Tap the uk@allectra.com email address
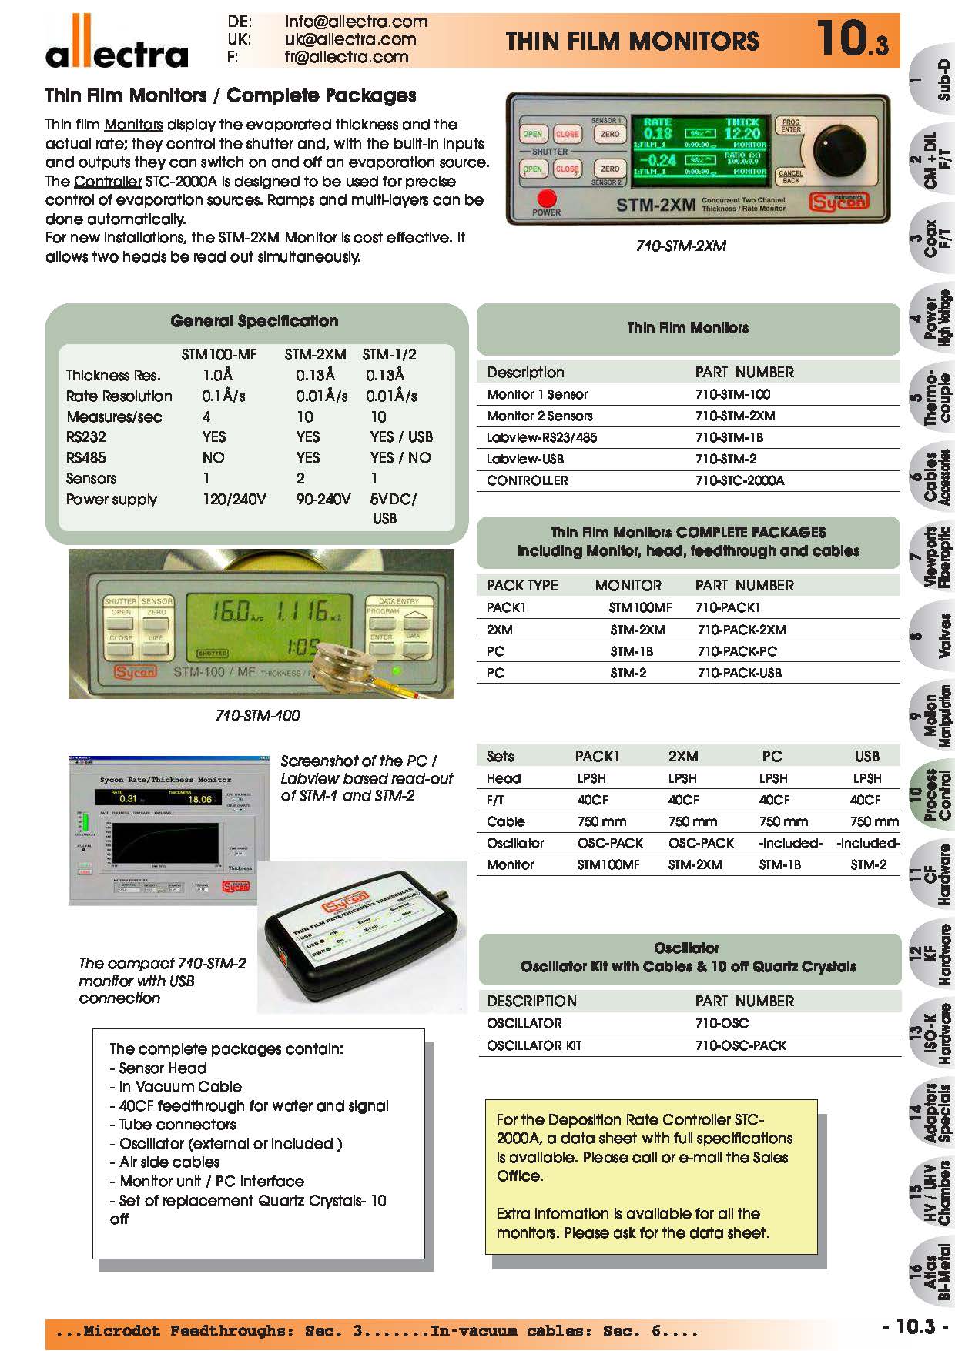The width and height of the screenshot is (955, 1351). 350,39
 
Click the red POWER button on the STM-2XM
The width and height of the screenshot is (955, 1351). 546,198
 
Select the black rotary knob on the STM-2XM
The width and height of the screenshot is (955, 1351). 839,151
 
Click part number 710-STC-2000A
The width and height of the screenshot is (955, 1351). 739,480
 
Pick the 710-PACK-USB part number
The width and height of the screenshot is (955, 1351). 739,673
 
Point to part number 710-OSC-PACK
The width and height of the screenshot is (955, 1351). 740,1045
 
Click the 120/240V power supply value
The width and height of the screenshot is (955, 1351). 234,499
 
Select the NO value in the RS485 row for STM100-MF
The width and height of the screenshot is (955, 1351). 213,457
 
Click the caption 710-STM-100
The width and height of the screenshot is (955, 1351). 257,715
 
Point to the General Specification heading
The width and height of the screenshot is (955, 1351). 254,321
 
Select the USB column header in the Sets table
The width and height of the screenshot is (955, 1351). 866,756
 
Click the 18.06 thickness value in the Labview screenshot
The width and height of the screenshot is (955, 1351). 200,799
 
